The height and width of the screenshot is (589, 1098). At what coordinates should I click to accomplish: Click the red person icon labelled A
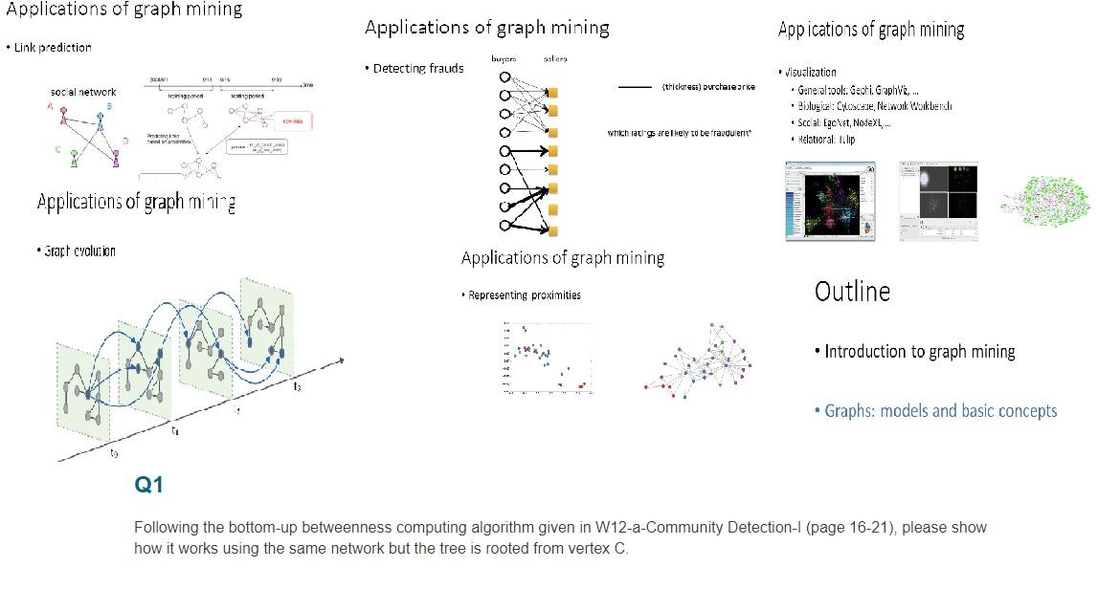coord(63,116)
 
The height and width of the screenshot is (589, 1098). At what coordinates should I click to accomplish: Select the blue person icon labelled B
coord(100,119)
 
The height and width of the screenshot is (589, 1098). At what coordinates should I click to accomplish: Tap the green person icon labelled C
coord(74,158)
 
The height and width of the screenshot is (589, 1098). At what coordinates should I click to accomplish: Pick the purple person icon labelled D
coord(116,156)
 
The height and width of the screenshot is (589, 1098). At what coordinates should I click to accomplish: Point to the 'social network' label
coord(83,92)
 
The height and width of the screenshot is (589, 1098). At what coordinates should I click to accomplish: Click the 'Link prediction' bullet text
coord(53,48)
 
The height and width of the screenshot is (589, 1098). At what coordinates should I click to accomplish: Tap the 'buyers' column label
coord(504,59)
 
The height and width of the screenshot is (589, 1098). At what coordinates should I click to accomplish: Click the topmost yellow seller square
coord(553,92)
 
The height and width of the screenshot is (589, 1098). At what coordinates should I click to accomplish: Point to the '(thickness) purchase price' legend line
coord(636,87)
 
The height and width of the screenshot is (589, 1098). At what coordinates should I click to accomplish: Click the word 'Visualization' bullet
coord(811,72)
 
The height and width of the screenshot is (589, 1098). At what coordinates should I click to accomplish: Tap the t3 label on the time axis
coord(298,386)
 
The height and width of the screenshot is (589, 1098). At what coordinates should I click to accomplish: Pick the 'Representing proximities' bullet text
coord(525,295)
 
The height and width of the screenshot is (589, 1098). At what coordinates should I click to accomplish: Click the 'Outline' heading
coord(852,292)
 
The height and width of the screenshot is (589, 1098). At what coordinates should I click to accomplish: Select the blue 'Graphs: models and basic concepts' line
coord(940,411)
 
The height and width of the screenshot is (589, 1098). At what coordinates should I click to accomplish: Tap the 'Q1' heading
coord(148,486)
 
